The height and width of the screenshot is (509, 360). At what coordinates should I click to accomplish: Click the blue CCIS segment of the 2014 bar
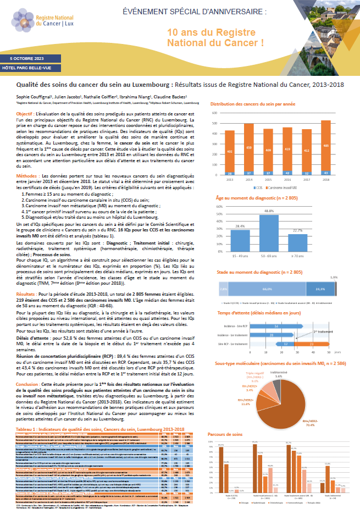coord(249,173)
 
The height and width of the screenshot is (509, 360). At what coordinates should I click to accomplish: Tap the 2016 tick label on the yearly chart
coord(287,179)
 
